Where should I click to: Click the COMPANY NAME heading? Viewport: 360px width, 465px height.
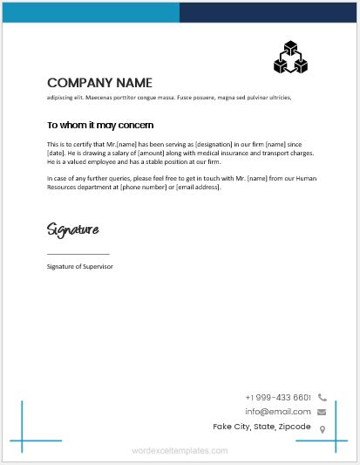coord(99,83)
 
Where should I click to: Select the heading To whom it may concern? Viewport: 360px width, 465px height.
coord(100,125)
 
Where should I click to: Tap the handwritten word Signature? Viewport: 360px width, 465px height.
coord(72,229)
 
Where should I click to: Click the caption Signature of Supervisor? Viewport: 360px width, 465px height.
coord(80,265)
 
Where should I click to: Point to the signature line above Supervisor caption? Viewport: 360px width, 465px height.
coord(78,254)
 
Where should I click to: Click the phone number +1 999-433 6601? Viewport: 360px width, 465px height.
coord(278,397)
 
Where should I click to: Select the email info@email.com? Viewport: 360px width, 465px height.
coord(278,411)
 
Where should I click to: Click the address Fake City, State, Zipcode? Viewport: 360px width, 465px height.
coord(262,427)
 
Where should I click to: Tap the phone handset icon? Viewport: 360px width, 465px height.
coord(322,398)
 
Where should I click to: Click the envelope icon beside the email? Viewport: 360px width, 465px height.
coord(322,412)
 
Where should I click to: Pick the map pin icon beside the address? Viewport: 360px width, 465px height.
coord(323,428)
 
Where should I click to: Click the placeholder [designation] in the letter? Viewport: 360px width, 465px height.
coord(217,144)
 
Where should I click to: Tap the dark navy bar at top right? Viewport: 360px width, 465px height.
coord(269,12)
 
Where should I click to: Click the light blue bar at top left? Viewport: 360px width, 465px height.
coord(92,12)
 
